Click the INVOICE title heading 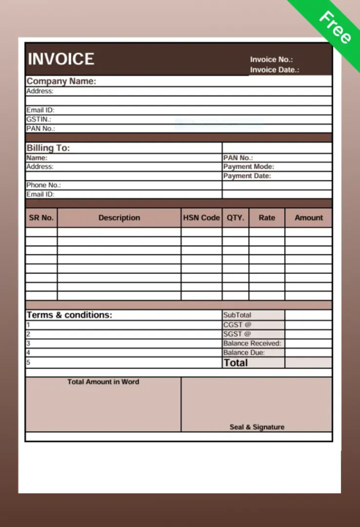[x=61, y=59]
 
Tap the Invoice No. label [x=271, y=59]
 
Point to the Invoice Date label [x=274, y=70]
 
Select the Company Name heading [x=61, y=81]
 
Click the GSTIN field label [x=39, y=119]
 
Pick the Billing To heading [x=48, y=148]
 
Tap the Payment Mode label [x=248, y=167]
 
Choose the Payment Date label [x=247, y=176]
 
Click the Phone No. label [x=43, y=185]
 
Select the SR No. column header [x=42, y=217]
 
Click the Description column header [x=119, y=217]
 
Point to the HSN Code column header [x=201, y=217]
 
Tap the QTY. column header [x=236, y=217]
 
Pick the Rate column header [x=267, y=217]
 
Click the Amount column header [x=309, y=217]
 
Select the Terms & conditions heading [x=70, y=315]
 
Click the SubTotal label [x=237, y=315]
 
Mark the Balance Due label [x=244, y=353]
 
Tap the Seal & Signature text [x=257, y=427]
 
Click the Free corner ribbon [x=335, y=26]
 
